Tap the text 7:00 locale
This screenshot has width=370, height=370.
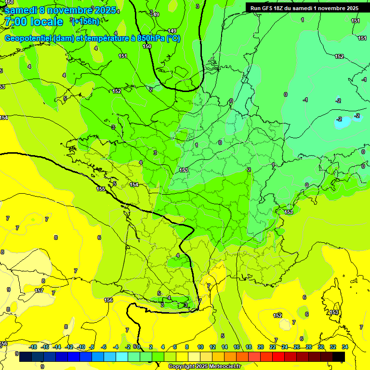[x=34, y=22]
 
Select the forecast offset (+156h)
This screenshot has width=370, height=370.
[x=85, y=21]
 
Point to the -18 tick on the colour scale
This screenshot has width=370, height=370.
[x=33, y=347]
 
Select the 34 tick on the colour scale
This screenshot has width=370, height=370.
[x=345, y=347]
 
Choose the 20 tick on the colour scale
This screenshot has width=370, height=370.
[x=261, y=347]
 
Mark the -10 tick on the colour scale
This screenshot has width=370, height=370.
[x=81, y=347]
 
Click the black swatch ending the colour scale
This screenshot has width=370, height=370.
[x=339, y=357]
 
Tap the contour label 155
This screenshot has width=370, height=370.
[x=101, y=189]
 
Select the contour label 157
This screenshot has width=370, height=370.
[x=39, y=291]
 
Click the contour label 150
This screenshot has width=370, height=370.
[x=147, y=46]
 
